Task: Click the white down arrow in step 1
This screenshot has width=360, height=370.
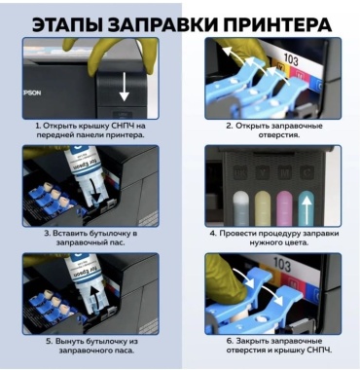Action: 124,88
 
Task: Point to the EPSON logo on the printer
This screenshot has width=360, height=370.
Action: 32,92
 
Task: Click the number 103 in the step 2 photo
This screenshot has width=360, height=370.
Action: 291,59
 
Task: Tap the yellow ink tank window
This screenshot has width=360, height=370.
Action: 263,207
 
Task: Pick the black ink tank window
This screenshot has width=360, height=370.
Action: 241,207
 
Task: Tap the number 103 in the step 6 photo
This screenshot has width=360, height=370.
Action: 281,265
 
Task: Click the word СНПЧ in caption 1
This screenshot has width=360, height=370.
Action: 123,126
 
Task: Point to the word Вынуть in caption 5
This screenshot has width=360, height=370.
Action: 69,341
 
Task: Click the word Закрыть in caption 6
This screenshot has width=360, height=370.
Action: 252,341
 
